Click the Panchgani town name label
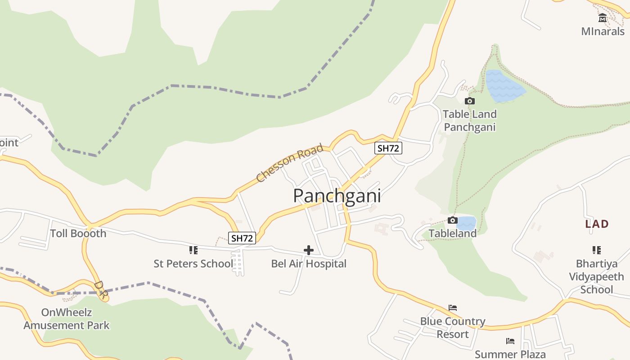[337, 196]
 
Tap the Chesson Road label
[290, 163]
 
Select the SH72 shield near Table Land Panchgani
[388, 148]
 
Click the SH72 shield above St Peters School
[242, 238]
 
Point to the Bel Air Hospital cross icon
[309, 250]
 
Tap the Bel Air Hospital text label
[309, 264]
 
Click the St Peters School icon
[193, 250]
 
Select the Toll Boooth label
[78, 233]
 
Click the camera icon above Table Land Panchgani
[469, 101]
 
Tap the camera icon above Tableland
[452, 220]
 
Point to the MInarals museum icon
[603, 18]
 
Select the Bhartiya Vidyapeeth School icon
[596, 250]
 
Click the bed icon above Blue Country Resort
[453, 308]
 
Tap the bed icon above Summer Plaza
[510, 341]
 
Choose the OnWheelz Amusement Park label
[67, 319]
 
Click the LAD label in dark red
[597, 224]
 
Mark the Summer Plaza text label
[510, 354]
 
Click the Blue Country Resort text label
[453, 328]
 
